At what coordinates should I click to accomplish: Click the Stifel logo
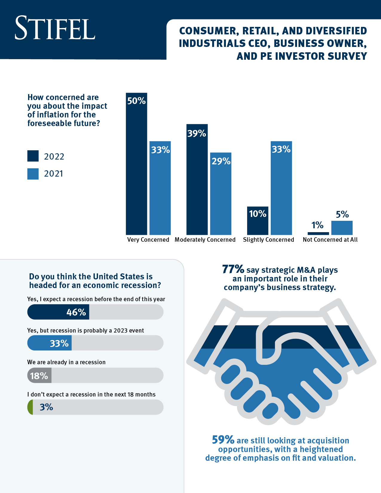click(x=55, y=28)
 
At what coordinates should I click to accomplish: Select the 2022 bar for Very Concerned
click(x=136, y=167)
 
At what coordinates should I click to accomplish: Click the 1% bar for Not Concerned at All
click(x=318, y=233)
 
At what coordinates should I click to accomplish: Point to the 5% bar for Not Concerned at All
click(x=342, y=228)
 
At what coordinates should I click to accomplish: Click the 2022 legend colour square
click(x=33, y=156)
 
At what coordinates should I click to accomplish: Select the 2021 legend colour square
click(x=33, y=174)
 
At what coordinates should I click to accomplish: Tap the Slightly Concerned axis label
click(x=268, y=240)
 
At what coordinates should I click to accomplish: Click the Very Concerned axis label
click(x=148, y=240)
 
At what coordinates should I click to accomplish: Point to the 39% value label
click(x=197, y=133)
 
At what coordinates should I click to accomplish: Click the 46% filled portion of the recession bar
click(x=58, y=312)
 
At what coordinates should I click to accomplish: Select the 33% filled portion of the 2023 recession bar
click(x=49, y=343)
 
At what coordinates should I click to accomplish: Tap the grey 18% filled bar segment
click(x=39, y=375)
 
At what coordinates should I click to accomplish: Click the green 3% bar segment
click(x=30, y=407)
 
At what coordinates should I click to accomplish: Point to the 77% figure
click(x=233, y=269)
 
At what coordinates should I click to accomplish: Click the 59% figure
click(x=223, y=440)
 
